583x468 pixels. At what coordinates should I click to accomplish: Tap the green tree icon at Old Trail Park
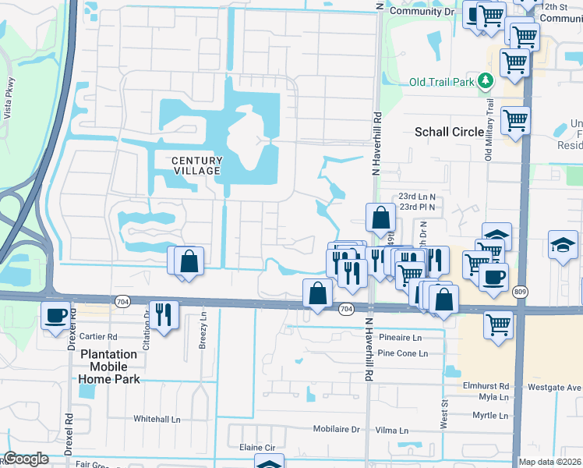click(x=486, y=81)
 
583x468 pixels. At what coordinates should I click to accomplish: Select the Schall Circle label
click(x=450, y=132)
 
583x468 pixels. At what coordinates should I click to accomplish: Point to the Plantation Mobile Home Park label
click(x=108, y=366)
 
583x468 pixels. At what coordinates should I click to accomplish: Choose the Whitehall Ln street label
click(x=157, y=419)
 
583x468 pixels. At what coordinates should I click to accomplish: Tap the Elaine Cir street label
click(x=259, y=448)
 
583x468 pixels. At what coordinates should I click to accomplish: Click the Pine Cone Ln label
click(x=402, y=353)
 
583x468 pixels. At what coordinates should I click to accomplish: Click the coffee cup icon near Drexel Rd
click(x=56, y=316)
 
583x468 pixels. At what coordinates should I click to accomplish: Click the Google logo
click(x=26, y=459)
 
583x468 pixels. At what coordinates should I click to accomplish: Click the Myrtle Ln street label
click(x=489, y=417)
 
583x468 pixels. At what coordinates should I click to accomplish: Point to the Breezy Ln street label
click(x=203, y=331)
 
